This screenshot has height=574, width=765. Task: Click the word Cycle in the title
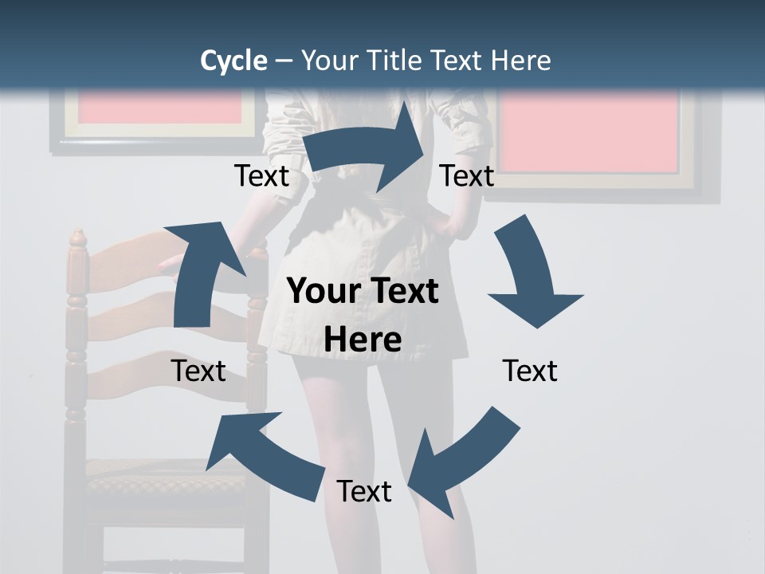[233, 61]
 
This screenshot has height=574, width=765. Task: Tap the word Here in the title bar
[520, 61]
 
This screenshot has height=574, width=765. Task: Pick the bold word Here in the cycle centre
[363, 340]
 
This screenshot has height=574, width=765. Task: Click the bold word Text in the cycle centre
[402, 292]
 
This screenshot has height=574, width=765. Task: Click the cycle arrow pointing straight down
[530, 279]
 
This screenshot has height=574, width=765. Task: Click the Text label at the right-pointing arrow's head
[467, 176]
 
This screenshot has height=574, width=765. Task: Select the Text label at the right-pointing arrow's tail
[261, 176]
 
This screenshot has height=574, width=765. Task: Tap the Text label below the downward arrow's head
[530, 371]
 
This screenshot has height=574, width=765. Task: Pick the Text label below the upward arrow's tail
[198, 371]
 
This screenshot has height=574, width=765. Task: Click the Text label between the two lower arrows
[364, 491]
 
